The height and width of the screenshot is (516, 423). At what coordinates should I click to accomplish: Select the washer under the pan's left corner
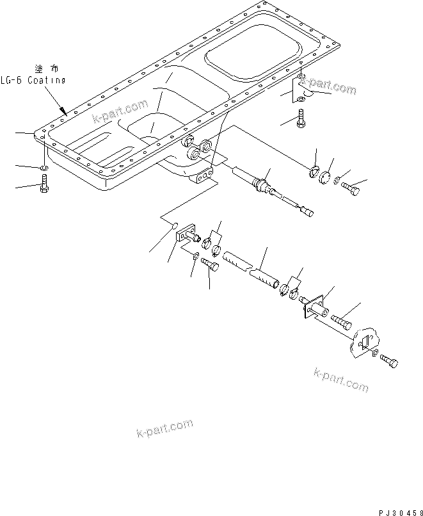click(42, 168)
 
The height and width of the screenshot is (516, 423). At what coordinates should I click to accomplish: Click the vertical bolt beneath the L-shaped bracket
click(301, 120)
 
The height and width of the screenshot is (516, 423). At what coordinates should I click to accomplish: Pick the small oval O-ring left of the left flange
click(170, 225)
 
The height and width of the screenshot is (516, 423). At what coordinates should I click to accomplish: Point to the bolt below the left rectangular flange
click(211, 262)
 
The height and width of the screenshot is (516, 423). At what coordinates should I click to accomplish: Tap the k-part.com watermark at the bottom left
click(164, 428)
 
